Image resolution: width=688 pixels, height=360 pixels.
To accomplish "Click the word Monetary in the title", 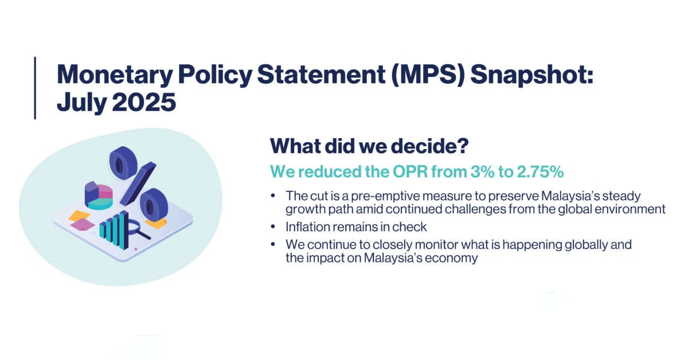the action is point(115,75).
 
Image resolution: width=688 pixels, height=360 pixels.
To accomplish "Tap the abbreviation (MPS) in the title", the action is point(428,75).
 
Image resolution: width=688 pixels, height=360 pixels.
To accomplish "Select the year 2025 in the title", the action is point(144,102).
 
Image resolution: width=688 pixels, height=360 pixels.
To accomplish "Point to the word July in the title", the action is point(81,103).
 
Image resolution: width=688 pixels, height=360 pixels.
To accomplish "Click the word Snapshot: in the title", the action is point(532,75).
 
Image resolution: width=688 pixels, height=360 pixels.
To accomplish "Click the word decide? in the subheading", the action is point(429,146).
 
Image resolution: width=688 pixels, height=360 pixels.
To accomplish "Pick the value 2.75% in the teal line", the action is point(540,171).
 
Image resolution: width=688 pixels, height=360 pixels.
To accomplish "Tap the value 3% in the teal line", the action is point(482,171).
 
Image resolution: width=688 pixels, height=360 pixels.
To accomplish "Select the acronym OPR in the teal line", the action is point(410,171).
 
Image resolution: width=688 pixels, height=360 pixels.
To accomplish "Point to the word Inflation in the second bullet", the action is point(308,227).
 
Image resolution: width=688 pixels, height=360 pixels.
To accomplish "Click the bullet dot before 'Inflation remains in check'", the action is point(273,226).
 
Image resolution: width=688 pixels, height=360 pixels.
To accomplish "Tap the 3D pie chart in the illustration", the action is point(99,195).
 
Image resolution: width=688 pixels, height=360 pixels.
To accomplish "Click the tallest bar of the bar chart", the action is point(124,230).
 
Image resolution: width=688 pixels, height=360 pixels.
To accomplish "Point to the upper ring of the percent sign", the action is point(123,162).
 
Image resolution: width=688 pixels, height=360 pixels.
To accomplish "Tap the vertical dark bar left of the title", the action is point(35,88).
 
